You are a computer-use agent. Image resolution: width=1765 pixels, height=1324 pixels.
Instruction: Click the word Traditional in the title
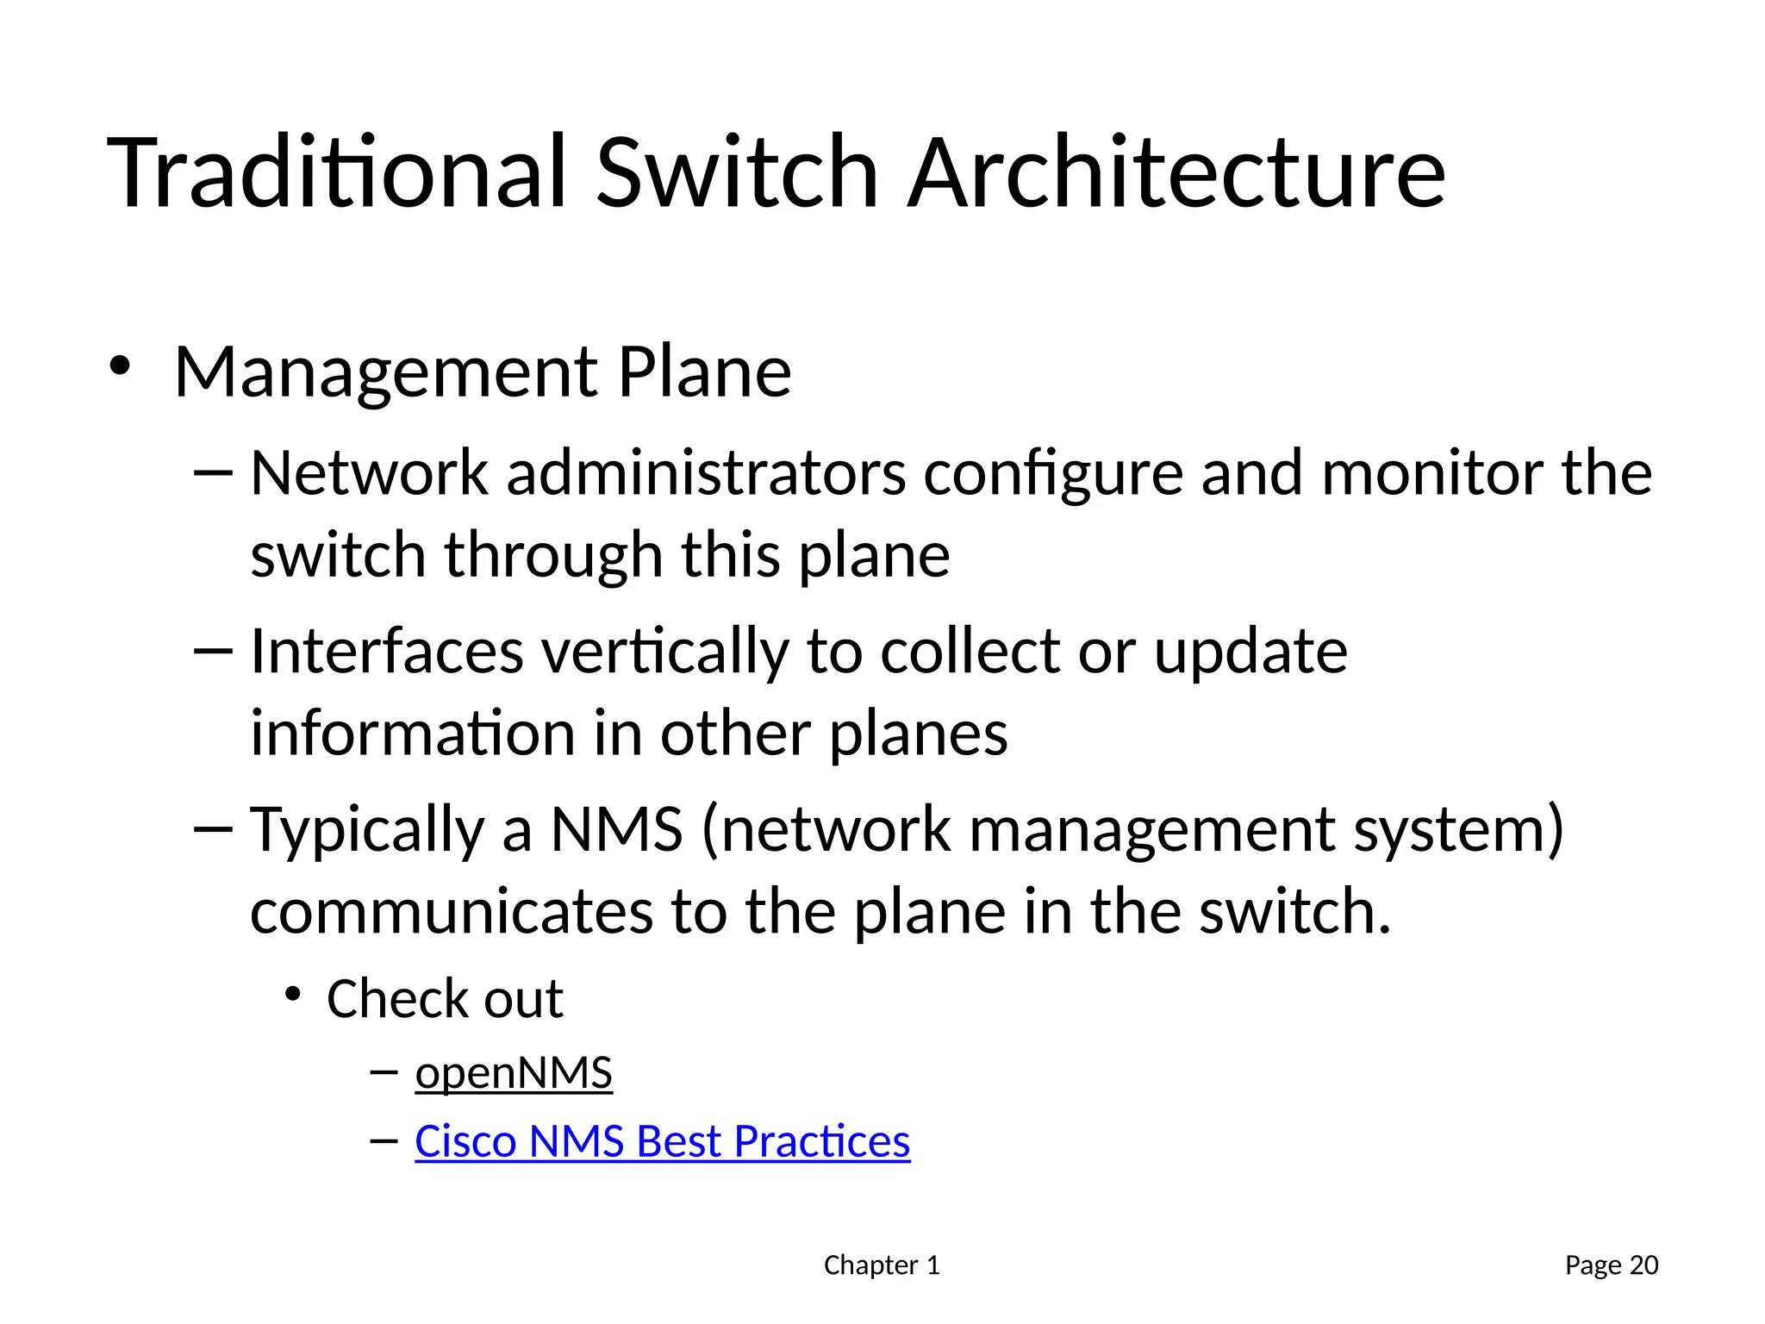click(x=336, y=172)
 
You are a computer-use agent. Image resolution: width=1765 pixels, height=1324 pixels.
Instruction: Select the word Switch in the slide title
click(x=737, y=172)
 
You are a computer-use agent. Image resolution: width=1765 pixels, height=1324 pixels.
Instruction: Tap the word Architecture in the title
click(x=1176, y=172)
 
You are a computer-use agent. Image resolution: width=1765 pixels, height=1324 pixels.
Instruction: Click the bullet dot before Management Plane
click(x=120, y=365)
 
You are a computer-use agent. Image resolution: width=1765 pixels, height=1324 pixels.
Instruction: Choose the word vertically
click(x=664, y=653)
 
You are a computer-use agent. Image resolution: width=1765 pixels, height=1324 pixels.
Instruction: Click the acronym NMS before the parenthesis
click(x=616, y=829)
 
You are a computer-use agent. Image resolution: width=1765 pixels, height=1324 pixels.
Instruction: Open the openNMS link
click(x=514, y=1073)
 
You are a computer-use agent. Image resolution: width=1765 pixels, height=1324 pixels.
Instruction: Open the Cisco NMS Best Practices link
click(x=662, y=1141)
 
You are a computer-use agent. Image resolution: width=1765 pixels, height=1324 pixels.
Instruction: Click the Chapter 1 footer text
click(x=882, y=1265)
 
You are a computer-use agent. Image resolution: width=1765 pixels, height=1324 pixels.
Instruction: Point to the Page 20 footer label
click(x=1612, y=1265)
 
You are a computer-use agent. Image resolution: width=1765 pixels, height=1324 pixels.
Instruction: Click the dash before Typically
click(x=213, y=829)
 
